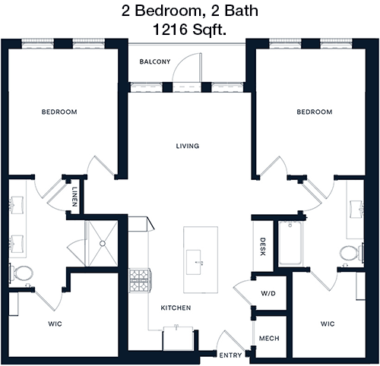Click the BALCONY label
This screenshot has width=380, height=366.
(155, 62)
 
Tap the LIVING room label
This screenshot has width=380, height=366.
(188, 146)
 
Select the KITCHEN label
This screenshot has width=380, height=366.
(176, 308)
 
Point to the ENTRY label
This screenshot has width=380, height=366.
(230, 355)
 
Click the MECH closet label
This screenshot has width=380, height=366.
(269, 339)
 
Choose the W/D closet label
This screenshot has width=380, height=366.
(268, 293)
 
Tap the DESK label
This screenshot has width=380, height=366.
(263, 247)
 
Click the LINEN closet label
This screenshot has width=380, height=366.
(74, 197)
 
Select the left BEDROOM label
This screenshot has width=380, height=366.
(59, 112)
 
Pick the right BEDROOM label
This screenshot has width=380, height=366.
(315, 112)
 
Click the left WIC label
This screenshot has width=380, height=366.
(55, 323)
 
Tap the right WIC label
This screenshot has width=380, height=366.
(328, 323)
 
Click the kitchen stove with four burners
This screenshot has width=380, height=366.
(140, 280)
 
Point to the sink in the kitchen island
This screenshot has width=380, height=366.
(194, 262)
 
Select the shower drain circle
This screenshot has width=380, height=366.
(103, 244)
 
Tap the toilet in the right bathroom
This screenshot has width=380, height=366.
(352, 253)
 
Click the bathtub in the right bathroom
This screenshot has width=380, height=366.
(290, 243)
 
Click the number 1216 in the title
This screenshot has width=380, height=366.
(169, 30)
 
